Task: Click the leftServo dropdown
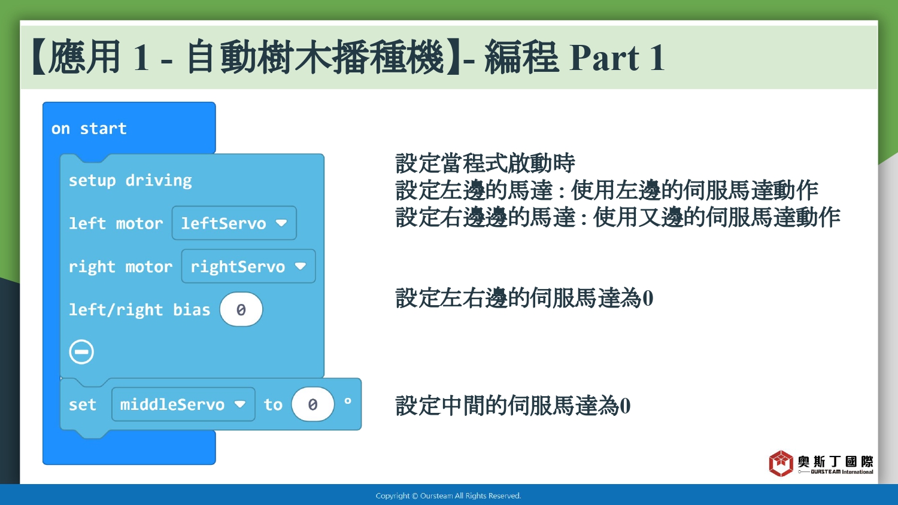coord(234,223)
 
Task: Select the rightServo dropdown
coord(248,266)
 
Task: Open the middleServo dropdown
coord(183,404)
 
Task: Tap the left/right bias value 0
coord(241,309)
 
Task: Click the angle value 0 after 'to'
coord(313,404)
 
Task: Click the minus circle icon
coord(81,352)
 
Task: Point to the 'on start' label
coord(89,129)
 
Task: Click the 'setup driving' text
coord(131,181)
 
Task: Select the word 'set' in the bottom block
coord(83,404)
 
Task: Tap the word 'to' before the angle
coord(273,404)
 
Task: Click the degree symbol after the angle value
coord(348,400)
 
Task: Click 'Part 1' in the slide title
coord(617,58)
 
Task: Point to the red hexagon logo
coord(781,463)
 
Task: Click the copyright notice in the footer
coord(448,496)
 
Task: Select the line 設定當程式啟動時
coord(485,163)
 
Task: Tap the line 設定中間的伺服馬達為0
coord(512,405)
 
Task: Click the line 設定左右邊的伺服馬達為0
coord(524,298)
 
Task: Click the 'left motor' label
coord(116,223)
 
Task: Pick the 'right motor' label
coord(121,267)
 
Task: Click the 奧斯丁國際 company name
coord(836,461)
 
